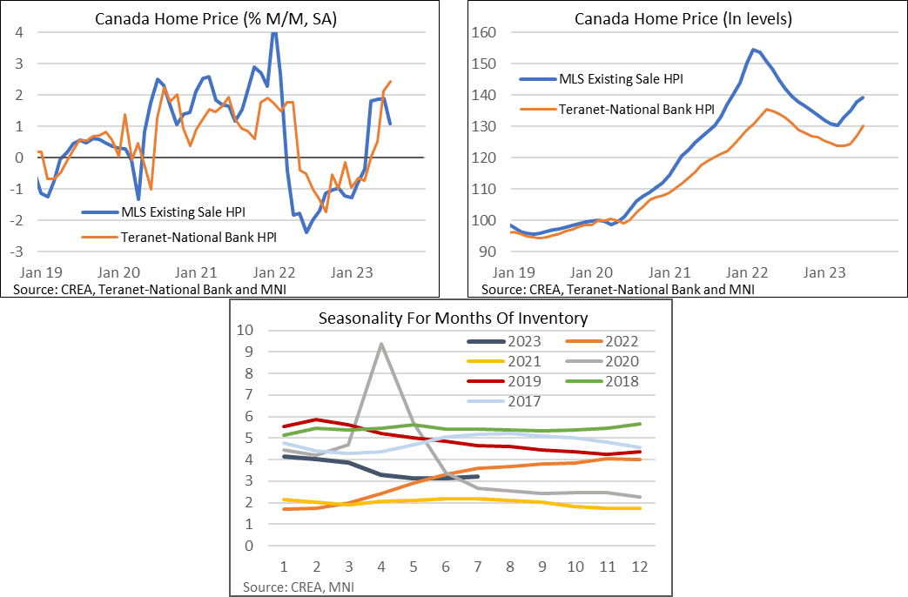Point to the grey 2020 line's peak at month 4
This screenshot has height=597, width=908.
381,344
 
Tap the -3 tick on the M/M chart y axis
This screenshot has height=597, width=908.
17,252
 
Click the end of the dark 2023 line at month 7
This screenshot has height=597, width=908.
477,476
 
